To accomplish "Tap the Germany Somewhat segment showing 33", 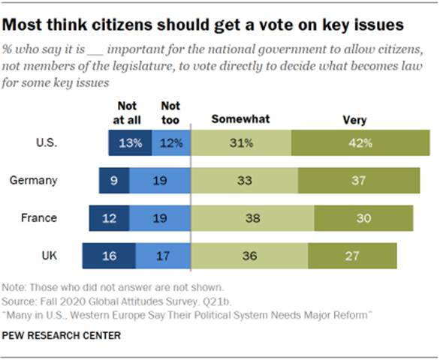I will tap(244, 181).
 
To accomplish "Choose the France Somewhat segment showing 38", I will tap(252, 217).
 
